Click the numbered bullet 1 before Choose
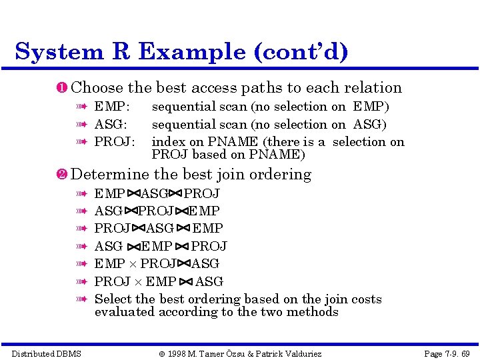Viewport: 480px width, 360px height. pyautogui.click(x=63, y=88)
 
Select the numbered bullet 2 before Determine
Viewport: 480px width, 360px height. pyautogui.click(x=63, y=175)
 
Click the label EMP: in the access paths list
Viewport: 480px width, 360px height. pyautogui.click(x=112, y=107)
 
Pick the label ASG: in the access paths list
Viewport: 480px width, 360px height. pyautogui.click(x=111, y=124)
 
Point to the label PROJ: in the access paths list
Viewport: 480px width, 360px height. pyautogui.click(x=115, y=141)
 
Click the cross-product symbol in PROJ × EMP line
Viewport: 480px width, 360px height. pyautogui.click(x=139, y=282)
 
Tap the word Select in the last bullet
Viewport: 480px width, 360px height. pyautogui.click(x=113, y=299)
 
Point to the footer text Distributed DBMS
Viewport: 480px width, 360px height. pyautogui.click(x=47, y=353)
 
